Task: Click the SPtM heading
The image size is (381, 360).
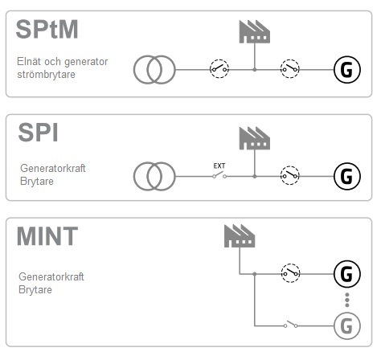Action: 47,29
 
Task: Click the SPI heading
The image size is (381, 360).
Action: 38,133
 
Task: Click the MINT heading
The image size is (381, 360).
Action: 47,236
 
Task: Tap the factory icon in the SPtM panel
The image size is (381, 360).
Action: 255,31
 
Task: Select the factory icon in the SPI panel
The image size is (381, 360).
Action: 255,138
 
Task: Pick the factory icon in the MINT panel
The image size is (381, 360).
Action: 240,236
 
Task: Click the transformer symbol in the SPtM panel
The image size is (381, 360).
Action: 154,70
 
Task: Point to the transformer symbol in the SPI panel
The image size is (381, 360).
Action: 154,176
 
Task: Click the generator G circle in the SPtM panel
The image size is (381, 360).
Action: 347,70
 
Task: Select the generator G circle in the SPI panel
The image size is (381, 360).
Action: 347,176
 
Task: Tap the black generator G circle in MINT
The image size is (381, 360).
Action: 347,274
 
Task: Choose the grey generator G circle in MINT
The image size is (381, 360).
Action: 347,326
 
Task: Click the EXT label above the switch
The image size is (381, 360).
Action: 219,166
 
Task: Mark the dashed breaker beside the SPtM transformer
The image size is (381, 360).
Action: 219,69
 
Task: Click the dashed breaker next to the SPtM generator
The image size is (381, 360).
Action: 290,69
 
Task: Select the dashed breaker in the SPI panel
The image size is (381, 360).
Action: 290,175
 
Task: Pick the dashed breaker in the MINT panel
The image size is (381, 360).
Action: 290,273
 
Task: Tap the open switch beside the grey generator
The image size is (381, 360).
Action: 291,324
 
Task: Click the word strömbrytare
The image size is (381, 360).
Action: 46,75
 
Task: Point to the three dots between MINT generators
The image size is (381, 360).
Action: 347,300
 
